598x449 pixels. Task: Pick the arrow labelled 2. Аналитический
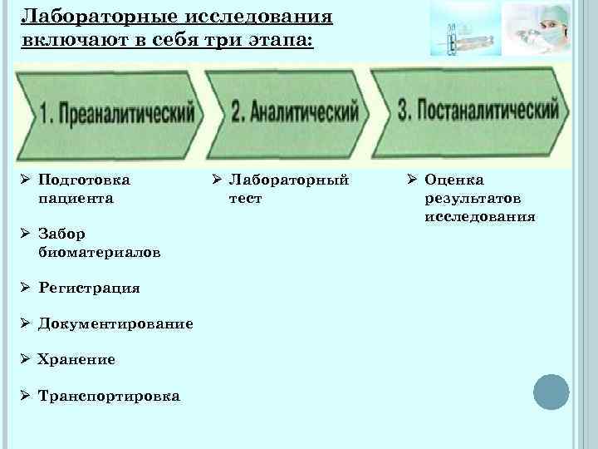[291, 112]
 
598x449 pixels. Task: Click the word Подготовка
[84, 180]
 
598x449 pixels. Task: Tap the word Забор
[61, 234]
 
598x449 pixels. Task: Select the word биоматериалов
[100, 252]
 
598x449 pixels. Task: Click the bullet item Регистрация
[89, 288]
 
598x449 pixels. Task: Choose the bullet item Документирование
[115, 323]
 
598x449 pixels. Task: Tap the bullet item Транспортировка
[109, 396]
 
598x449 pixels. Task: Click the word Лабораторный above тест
[289, 180]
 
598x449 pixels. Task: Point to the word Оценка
[453, 180]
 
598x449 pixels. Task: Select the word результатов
[473, 199]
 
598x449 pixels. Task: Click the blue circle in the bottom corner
[550, 392]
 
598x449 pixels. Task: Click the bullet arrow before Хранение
[27, 359]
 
